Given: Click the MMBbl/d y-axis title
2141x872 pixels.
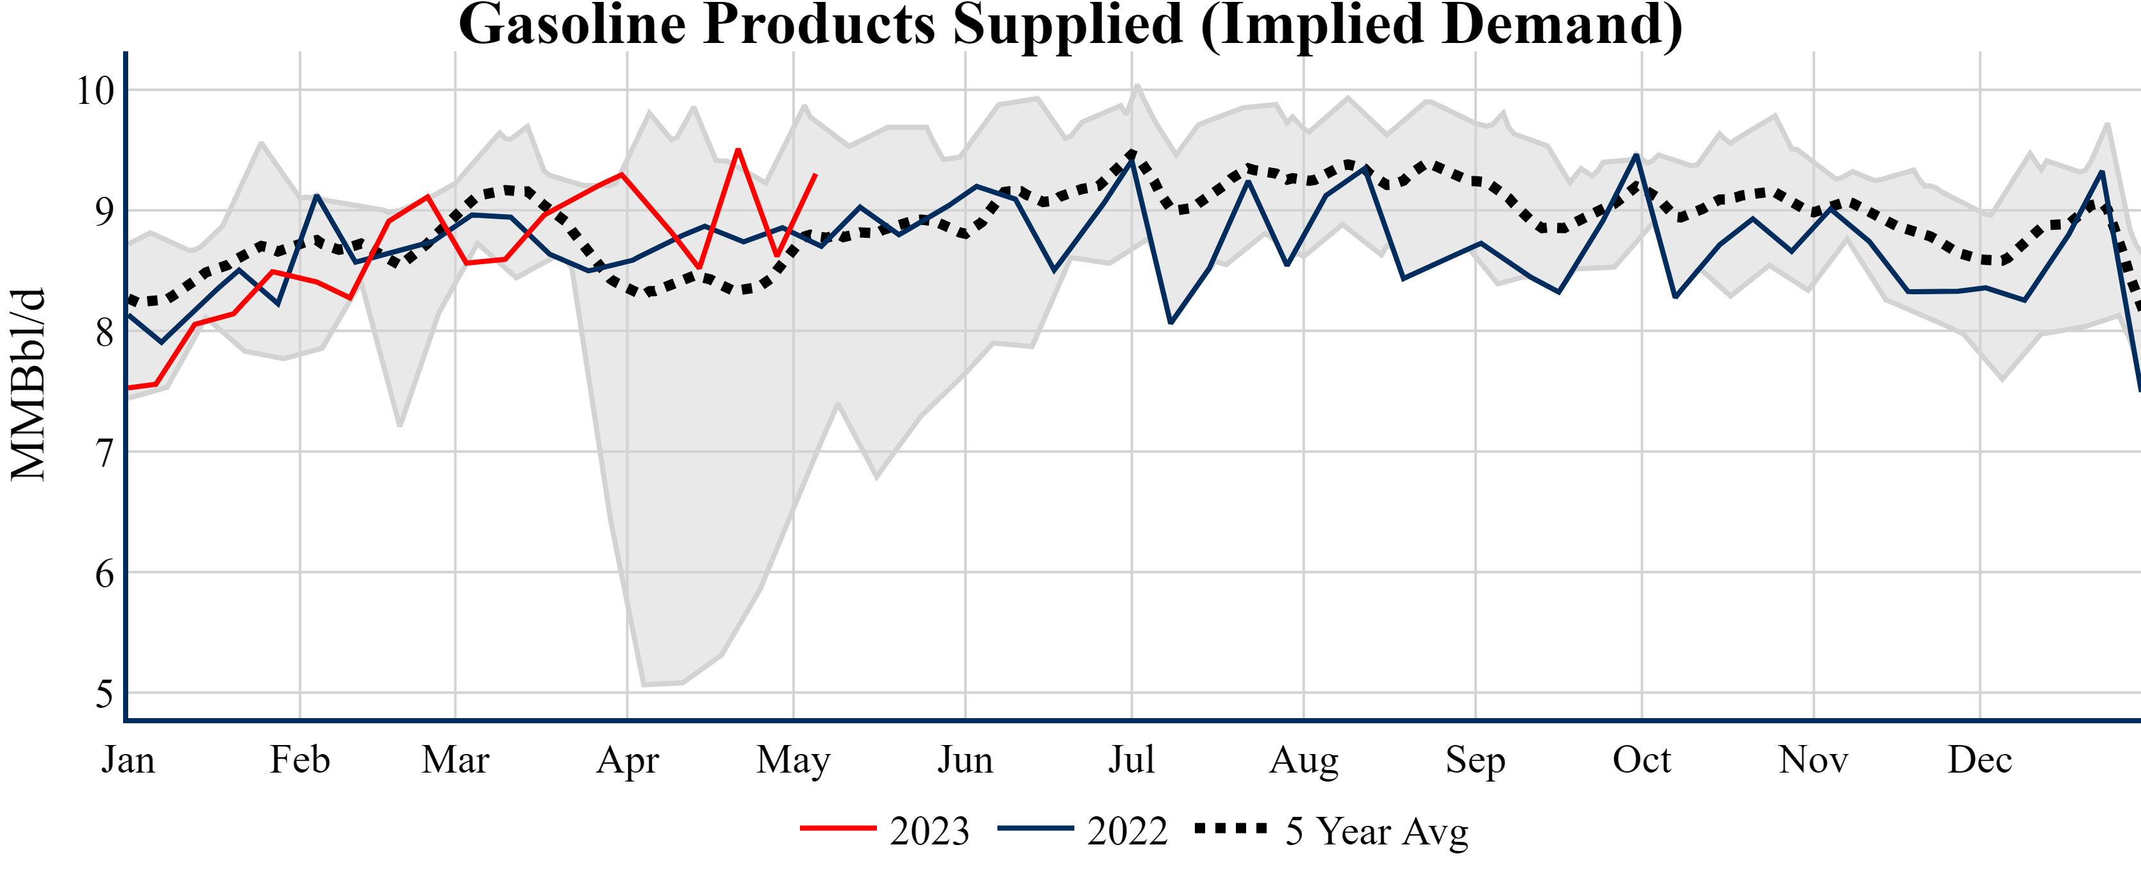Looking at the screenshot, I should click(x=28, y=384).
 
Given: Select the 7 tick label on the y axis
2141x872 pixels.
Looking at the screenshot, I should click(x=104, y=453).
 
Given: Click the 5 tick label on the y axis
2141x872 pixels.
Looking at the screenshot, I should click(x=104, y=694).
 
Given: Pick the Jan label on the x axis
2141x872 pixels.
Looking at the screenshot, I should click(x=128, y=760).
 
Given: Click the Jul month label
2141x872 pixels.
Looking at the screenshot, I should click(x=1131, y=760).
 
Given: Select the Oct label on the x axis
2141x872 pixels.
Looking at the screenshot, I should click(x=1642, y=760).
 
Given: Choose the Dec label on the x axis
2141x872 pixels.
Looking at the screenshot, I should click(x=1979, y=760).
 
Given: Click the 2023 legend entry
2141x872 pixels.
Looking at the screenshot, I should click(x=885, y=830).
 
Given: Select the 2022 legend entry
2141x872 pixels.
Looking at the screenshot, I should click(x=1082, y=830).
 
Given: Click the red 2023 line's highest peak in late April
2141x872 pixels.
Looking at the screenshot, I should click(x=738, y=149).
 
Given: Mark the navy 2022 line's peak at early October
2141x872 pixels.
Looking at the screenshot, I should click(x=1636, y=155).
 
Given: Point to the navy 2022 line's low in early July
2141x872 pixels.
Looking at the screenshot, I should click(x=1170, y=323).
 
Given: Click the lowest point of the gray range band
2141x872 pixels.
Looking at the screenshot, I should click(x=644, y=685).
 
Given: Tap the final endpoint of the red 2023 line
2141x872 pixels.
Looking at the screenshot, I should click(x=815, y=174).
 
